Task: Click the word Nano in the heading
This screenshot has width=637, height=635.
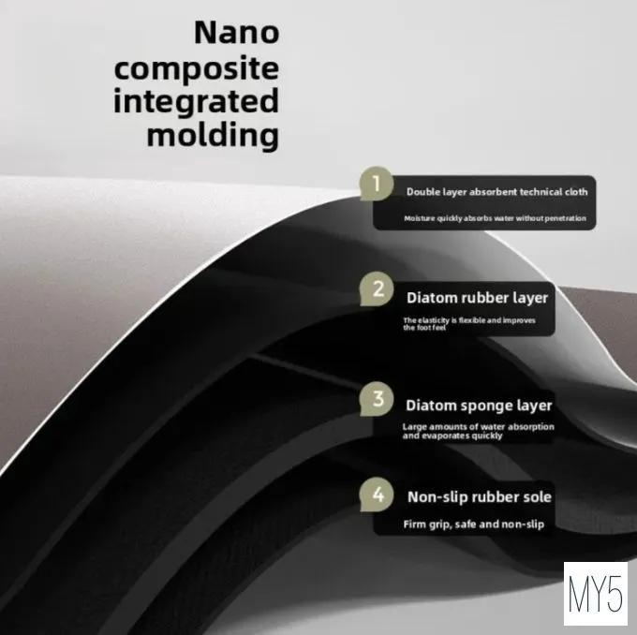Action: coord(236,32)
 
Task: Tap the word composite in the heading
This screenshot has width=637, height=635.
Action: coord(196,69)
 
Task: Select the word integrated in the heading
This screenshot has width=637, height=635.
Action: coord(196,101)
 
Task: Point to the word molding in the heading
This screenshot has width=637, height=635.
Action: coord(213,135)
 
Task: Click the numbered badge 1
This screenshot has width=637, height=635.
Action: coord(377,184)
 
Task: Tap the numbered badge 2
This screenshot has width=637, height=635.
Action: coord(377,288)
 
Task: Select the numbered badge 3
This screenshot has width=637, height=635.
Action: coord(377,399)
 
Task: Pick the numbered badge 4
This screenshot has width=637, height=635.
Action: coord(377,494)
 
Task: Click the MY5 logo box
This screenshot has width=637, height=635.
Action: coord(595,593)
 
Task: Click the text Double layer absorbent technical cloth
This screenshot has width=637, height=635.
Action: coord(496,192)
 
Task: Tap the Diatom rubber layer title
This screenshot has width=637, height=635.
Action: coord(477,298)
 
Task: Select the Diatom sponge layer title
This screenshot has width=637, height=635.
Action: coord(479,406)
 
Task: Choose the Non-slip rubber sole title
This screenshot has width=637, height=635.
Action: coord(479,497)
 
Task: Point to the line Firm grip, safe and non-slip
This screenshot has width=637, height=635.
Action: coord(473,524)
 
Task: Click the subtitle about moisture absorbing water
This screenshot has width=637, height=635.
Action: coord(495,218)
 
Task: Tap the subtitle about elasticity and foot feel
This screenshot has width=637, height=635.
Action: coord(469,324)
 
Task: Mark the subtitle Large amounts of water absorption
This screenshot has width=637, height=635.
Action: coord(478,431)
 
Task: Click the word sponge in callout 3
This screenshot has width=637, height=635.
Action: coord(487,406)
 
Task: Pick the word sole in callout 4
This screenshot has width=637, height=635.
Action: coord(536,497)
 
